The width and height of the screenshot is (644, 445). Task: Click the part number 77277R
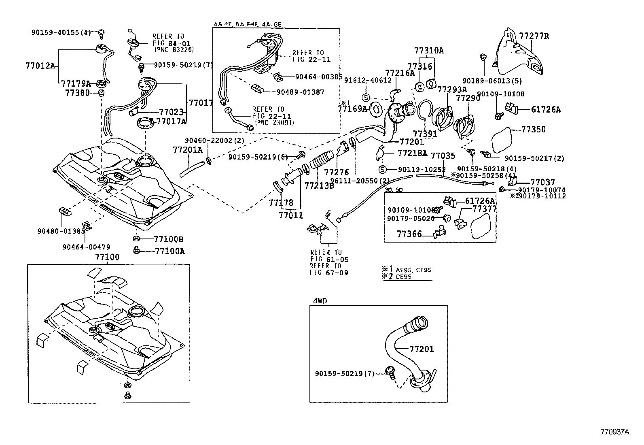tap(534, 36)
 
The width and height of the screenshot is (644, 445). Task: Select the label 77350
tap(533, 130)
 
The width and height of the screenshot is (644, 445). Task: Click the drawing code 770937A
tap(614, 432)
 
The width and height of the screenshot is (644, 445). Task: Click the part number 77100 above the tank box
tap(107, 257)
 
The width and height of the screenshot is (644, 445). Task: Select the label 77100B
tap(169, 239)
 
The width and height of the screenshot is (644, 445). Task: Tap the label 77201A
tap(188, 150)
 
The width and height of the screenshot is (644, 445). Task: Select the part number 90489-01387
tap(300, 92)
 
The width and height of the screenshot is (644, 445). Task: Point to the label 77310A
tap(429, 51)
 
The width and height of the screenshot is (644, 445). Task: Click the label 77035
tap(443, 155)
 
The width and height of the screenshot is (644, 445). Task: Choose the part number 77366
tap(409, 234)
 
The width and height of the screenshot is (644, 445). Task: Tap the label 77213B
tap(319, 186)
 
